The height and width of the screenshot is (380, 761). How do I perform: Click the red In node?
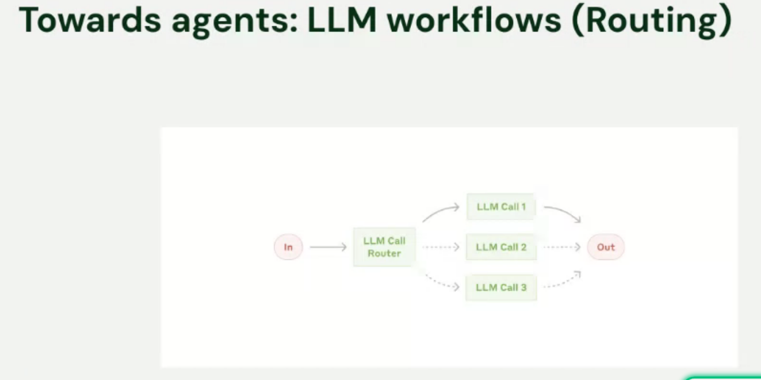click(288, 247)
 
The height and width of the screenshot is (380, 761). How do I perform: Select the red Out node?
click(605, 247)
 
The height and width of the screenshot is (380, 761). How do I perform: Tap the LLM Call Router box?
click(384, 247)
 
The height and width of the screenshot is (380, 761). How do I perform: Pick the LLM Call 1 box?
click(501, 207)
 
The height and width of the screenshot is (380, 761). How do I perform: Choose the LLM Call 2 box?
click(501, 247)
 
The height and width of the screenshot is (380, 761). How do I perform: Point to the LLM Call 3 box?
click(501, 287)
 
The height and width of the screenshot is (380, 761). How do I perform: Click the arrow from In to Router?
click(328, 247)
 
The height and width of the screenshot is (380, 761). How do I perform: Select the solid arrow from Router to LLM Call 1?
click(440, 211)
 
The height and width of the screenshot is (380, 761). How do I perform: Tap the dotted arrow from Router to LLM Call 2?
click(441, 247)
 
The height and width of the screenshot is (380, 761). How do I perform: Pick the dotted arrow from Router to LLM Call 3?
click(441, 283)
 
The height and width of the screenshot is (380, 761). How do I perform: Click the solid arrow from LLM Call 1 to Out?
click(562, 211)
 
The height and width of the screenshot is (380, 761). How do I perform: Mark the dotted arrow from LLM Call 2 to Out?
click(561, 247)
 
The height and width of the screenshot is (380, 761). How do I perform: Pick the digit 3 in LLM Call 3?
click(523, 287)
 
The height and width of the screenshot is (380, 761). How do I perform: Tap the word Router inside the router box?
click(384, 254)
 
